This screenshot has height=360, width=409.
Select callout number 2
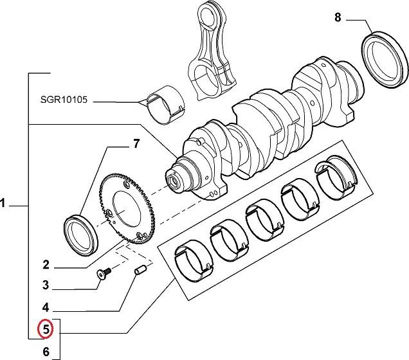46,264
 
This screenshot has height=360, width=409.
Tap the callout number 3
46,285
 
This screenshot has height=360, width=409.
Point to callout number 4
46,307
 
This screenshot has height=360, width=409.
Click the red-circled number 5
46,330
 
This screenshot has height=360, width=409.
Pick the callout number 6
46,352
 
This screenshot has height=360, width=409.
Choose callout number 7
136,144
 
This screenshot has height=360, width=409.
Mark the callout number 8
338,17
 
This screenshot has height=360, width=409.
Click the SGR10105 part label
63,100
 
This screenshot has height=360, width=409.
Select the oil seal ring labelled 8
385,59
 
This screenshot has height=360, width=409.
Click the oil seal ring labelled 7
80,233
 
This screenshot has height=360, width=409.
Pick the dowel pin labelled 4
140,273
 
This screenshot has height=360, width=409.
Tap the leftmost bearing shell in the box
195,260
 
